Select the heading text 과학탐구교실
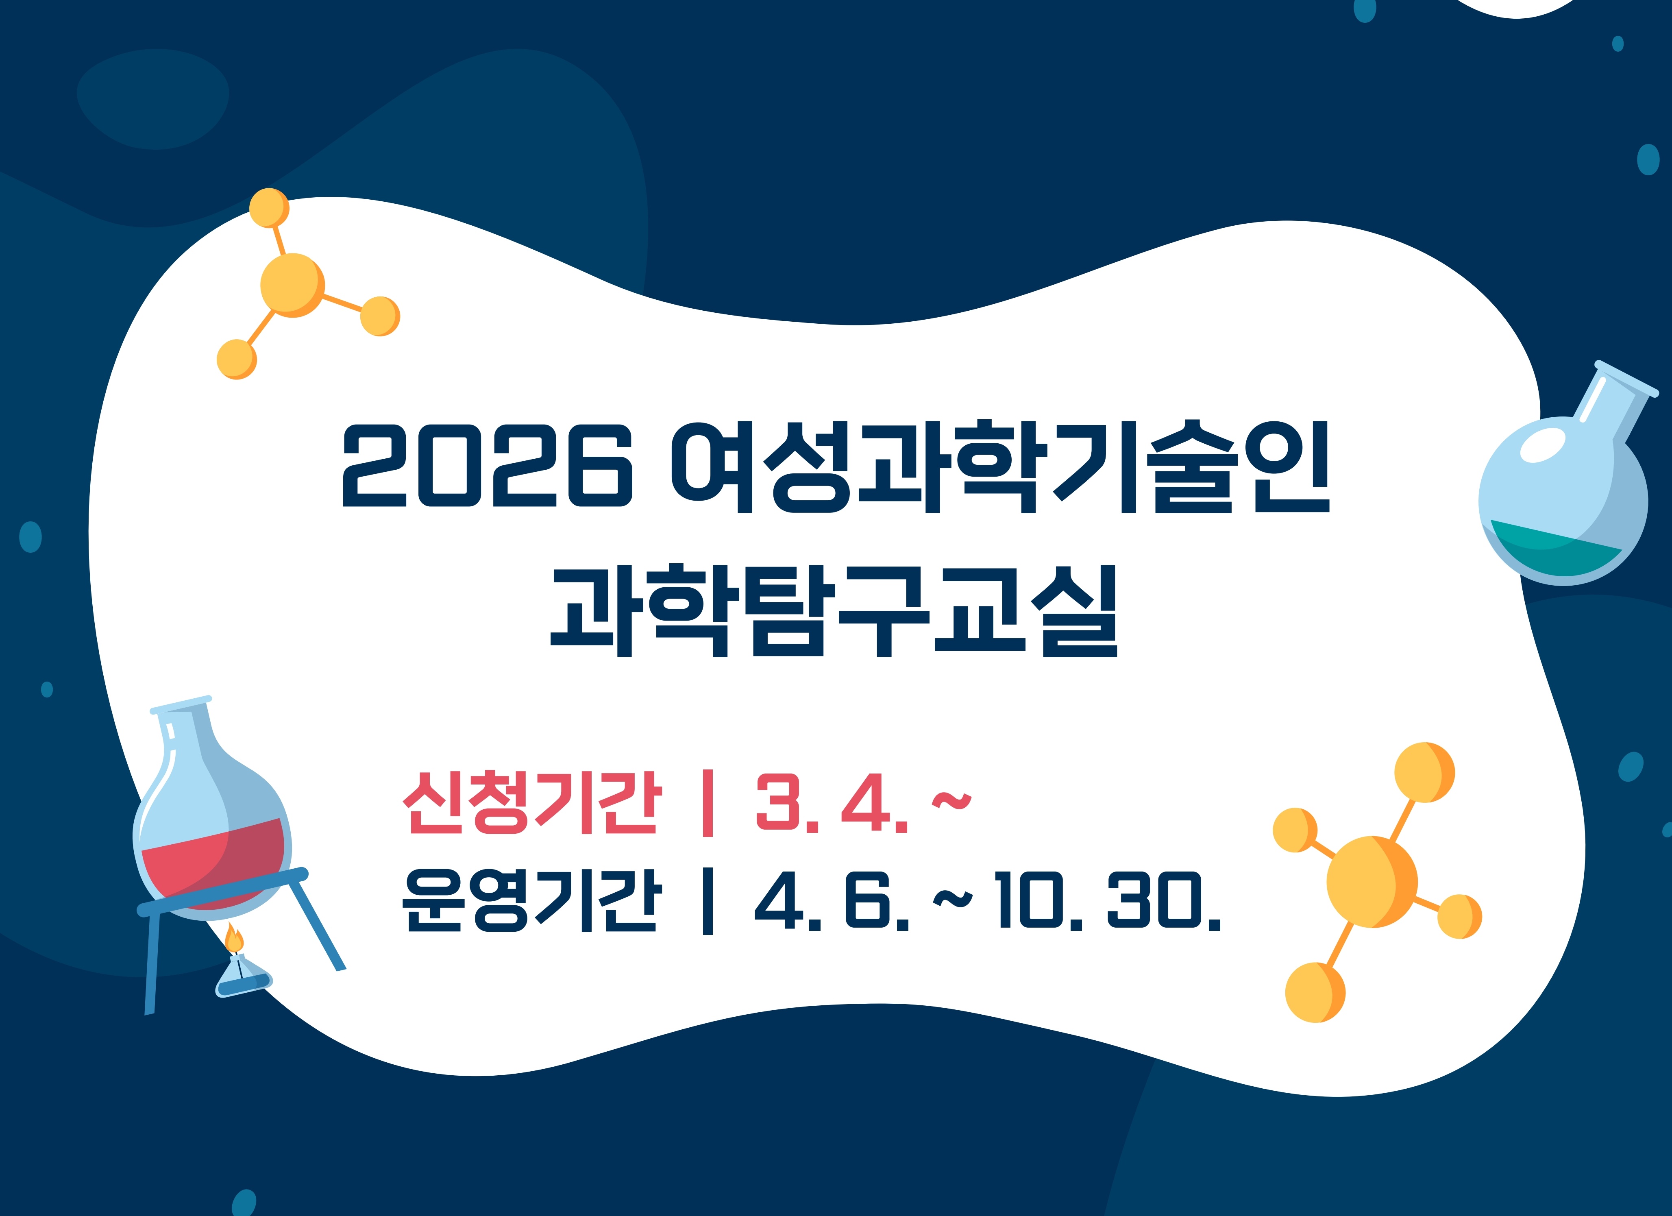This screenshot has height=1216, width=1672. [834, 610]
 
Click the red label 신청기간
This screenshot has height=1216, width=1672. [530, 803]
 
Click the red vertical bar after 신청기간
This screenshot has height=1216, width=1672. [708, 803]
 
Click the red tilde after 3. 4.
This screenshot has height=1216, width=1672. [952, 800]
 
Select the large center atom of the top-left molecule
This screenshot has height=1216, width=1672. [292, 285]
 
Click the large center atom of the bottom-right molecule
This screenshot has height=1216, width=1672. [1371, 881]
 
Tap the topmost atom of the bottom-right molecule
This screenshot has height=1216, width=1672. [1424, 772]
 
